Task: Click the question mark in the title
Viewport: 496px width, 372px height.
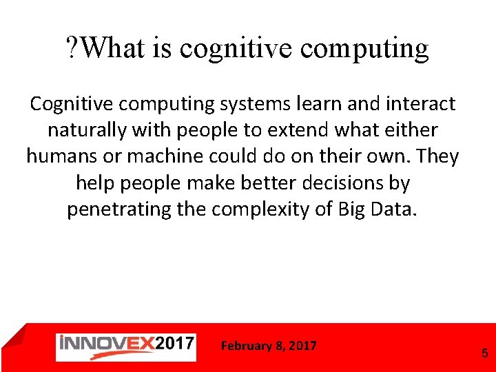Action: tap(72, 48)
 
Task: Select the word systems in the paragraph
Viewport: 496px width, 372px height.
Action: tap(251, 104)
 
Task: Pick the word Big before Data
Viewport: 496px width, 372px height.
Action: tap(353, 209)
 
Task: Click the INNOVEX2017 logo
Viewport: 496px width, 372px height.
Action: tap(126, 346)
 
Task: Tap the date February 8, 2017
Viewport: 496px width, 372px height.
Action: tap(269, 346)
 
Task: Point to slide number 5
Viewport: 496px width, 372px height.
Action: tap(484, 353)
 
